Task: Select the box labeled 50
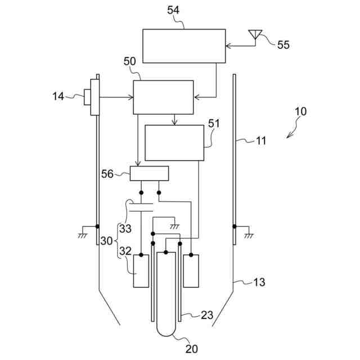pyautogui.click(x=163, y=97)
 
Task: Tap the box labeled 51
pyautogui.click(x=174, y=143)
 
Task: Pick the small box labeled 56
pyautogui.click(x=149, y=173)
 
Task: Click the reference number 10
pyautogui.click(x=301, y=111)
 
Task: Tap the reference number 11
pyautogui.click(x=260, y=141)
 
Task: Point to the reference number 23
pyautogui.click(x=207, y=316)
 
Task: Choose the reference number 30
pyautogui.click(x=107, y=241)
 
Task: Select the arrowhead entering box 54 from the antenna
pyautogui.click(x=228, y=46)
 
